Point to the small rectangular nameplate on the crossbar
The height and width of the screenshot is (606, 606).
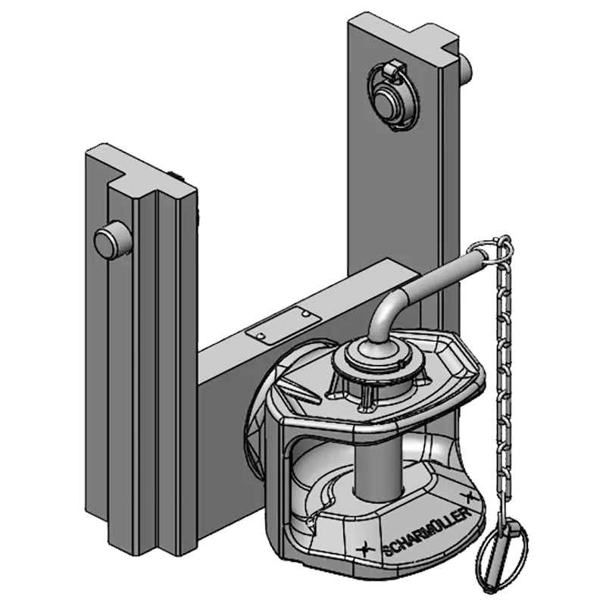click(x=283, y=325)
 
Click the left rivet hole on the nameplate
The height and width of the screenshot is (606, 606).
click(x=261, y=336)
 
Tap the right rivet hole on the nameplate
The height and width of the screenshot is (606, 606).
click(x=306, y=314)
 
